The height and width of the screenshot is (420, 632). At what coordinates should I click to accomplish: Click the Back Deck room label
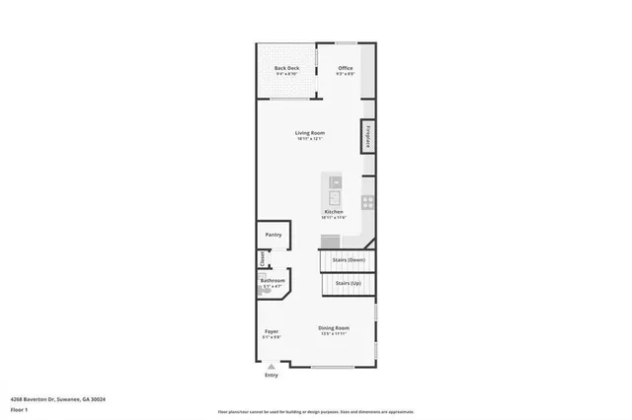click(x=286, y=68)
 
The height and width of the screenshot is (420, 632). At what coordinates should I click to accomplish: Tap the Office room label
click(x=346, y=68)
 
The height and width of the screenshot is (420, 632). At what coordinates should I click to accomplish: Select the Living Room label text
click(x=309, y=133)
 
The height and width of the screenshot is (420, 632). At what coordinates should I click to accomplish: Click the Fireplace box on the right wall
click(x=367, y=136)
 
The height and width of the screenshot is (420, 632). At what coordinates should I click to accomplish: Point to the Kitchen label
click(x=334, y=212)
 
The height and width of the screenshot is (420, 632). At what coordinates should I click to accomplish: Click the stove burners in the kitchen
click(x=367, y=203)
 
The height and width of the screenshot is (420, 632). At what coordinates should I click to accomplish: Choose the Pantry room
click(x=274, y=235)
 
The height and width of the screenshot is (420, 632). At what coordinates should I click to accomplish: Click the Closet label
click(x=263, y=259)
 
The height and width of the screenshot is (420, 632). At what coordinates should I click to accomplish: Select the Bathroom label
click(x=273, y=281)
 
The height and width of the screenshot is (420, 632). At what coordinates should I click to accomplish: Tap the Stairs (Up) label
click(x=349, y=283)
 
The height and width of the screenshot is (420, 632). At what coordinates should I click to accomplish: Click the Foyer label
click(x=272, y=331)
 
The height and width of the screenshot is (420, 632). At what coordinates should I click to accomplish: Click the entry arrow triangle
click(x=272, y=365)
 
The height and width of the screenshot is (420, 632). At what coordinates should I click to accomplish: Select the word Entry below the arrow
click(x=272, y=376)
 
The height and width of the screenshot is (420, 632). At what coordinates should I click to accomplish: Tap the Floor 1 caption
click(x=19, y=408)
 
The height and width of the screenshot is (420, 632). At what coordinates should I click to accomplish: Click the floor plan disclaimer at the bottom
click(x=316, y=412)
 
